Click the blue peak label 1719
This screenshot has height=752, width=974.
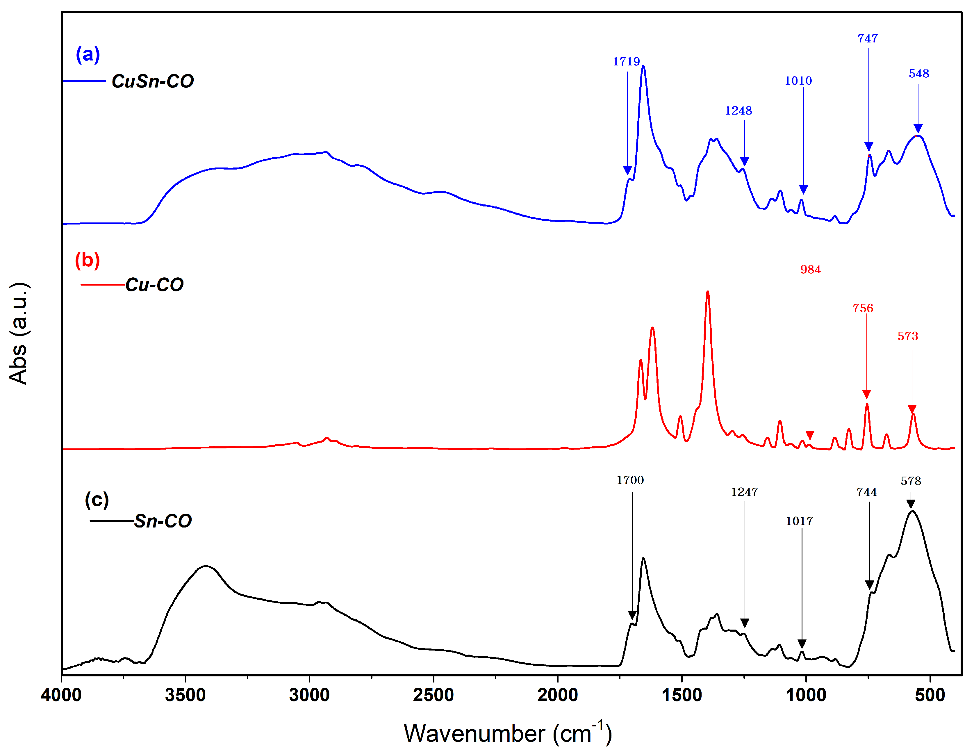tap(626, 62)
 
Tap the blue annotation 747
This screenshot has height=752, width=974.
tap(867, 39)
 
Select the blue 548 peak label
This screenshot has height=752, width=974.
tap(919, 74)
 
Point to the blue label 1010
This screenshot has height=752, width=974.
tap(798, 81)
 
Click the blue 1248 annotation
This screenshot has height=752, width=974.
tap(738, 111)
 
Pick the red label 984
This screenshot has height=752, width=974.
tap(810, 269)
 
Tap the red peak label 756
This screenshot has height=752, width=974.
tap(863, 308)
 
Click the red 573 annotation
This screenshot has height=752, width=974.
tap(907, 336)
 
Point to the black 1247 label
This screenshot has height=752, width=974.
tap(744, 492)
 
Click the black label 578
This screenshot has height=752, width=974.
tap(911, 481)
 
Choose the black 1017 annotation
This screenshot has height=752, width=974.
tap(799, 521)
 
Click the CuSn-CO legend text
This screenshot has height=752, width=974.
tap(153, 81)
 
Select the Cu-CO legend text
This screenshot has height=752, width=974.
tap(154, 285)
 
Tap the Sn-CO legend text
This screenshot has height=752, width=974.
tap(163, 521)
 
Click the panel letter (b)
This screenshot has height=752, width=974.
tap(88, 260)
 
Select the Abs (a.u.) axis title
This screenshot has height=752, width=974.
tap(19, 333)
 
